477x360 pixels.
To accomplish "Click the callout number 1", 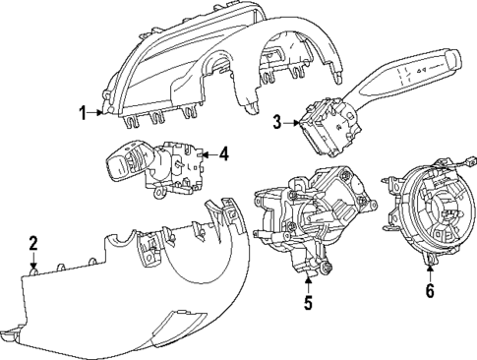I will [x=84, y=113].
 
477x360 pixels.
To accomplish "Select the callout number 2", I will [x=32, y=243].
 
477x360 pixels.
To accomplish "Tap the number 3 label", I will [x=278, y=123].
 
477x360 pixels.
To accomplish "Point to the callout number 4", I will [x=223, y=153].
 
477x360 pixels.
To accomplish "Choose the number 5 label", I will [x=307, y=303].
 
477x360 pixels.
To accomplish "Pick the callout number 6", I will [x=429, y=290].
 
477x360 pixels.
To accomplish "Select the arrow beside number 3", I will [x=293, y=123].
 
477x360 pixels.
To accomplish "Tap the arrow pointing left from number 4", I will [x=207, y=153].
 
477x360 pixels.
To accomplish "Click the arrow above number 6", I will [x=429, y=270].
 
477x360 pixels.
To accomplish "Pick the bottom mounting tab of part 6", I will [x=429, y=261].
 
